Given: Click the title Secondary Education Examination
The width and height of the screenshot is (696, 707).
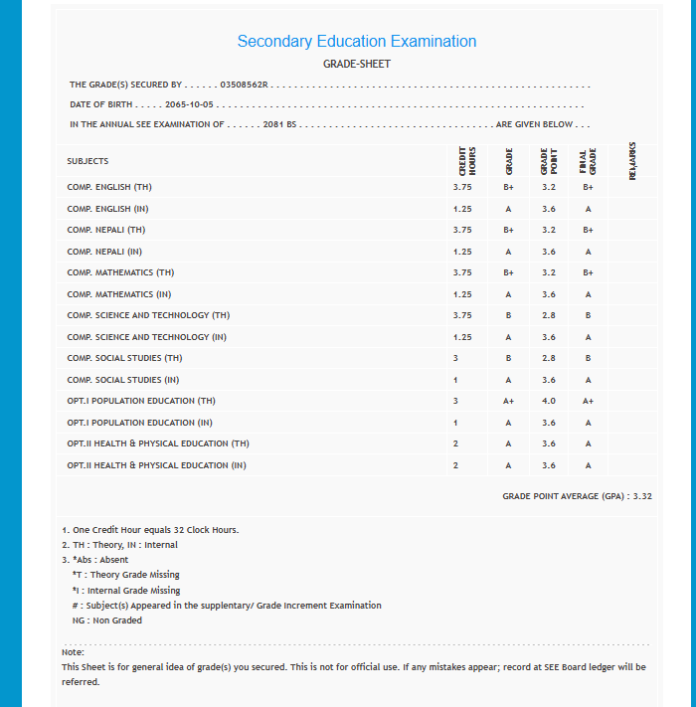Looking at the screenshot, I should (x=356, y=42).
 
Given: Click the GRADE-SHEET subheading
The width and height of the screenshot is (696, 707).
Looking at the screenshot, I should (x=357, y=64).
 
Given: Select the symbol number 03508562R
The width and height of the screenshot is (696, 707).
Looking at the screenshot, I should (x=244, y=86).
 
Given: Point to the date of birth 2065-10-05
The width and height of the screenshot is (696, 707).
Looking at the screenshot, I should (x=190, y=104).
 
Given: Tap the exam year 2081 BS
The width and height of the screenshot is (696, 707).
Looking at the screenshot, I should (x=280, y=124).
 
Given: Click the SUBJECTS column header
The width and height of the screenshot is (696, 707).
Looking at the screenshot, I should (x=87, y=161).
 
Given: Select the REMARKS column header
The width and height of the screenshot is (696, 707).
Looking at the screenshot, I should (x=632, y=160).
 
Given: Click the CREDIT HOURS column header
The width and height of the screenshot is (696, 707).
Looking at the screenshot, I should (x=466, y=161).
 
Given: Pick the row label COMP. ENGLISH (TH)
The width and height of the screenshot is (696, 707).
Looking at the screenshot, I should (x=109, y=187).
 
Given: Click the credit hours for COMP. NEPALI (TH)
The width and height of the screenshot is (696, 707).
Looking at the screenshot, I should (x=461, y=230).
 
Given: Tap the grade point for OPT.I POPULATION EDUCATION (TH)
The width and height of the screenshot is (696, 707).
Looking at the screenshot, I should (x=549, y=401).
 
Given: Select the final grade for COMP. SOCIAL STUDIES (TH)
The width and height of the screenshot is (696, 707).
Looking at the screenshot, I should (x=588, y=358).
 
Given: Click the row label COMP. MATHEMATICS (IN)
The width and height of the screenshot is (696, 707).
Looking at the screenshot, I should (x=119, y=294).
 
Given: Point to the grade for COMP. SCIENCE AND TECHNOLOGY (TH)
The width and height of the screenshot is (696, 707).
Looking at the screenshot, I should (x=508, y=315).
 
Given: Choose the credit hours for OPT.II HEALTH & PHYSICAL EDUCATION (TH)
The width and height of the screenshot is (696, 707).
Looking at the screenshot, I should (x=455, y=443).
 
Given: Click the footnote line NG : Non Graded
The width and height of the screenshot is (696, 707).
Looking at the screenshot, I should (x=100, y=620).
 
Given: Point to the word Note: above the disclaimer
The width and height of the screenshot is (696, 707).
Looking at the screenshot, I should (x=73, y=652).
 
